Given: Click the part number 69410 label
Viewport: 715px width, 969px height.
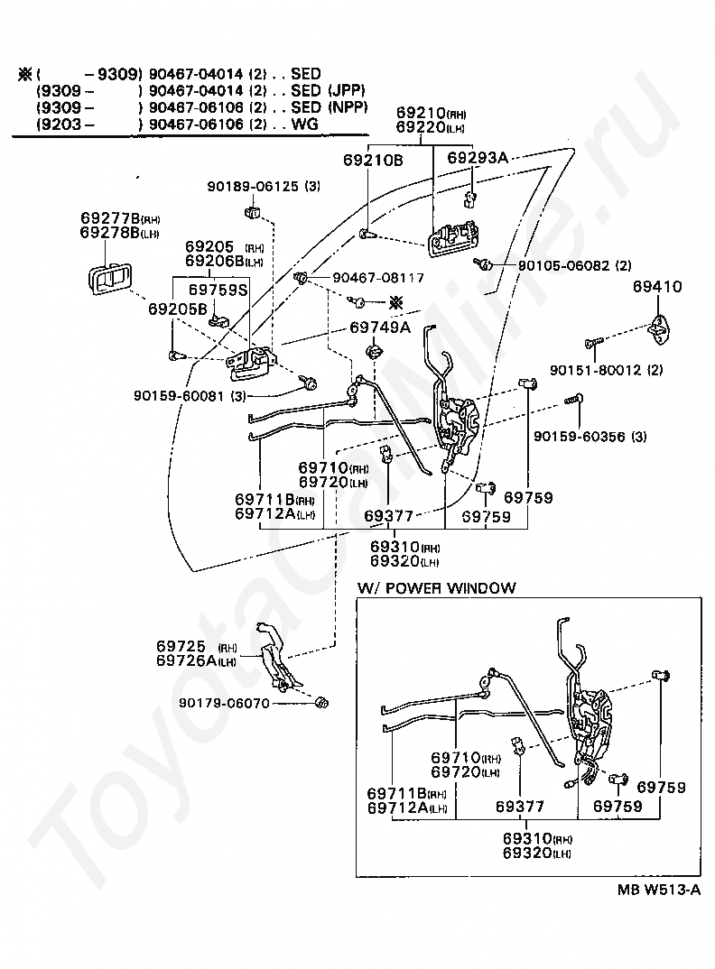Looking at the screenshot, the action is tap(657, 287).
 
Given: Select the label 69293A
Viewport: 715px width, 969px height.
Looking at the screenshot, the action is tap(478, 158).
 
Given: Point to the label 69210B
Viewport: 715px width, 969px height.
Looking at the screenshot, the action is tap(373, 160).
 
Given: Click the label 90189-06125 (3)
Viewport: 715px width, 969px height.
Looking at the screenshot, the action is tap(264, 186).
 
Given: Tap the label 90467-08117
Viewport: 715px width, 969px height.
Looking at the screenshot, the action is tap(378, 278).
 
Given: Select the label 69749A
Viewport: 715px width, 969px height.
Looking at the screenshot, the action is tap(380, 328).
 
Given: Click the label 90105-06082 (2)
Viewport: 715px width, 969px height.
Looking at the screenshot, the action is tap(574, 266).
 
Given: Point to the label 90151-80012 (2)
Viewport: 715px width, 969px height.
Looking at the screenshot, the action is tap(606, 370).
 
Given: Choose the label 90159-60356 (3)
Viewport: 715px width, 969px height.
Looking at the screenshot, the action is tap(590, 437).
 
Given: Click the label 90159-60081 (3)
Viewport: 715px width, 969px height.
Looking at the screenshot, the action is tap(190, 395).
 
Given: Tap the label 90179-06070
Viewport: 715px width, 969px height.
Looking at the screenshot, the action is tap(225, 703).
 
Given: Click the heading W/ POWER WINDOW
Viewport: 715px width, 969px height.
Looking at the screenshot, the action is tap(437, 587).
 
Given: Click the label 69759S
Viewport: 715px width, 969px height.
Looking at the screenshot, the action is tap(218, 290).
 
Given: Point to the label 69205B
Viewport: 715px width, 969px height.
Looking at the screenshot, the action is tap(178, 309).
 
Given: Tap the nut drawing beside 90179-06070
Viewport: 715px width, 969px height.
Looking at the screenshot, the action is tap(321, 703).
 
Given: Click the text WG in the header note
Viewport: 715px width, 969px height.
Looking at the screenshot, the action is tap(305, 124).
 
